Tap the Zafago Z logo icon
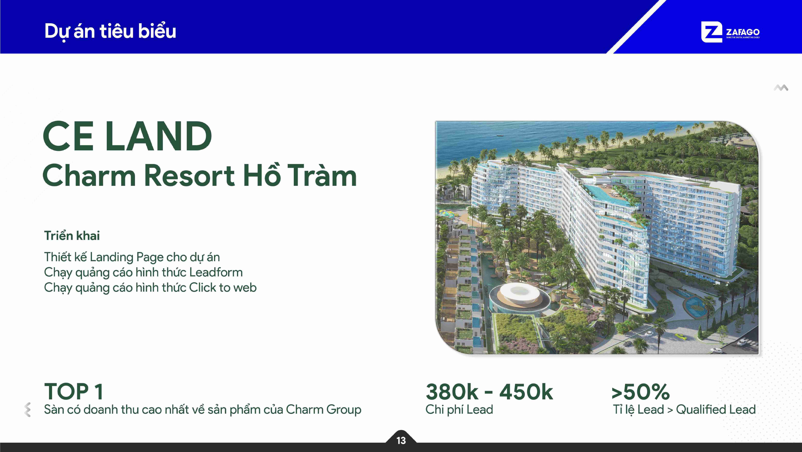click(711, 32)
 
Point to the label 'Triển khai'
click(72, 236)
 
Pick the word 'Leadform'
click(216, 272)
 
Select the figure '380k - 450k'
click(489, 392)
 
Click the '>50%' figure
click(640, 392)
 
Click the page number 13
click(401, 440)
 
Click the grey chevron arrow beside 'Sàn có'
click(27, 409)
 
